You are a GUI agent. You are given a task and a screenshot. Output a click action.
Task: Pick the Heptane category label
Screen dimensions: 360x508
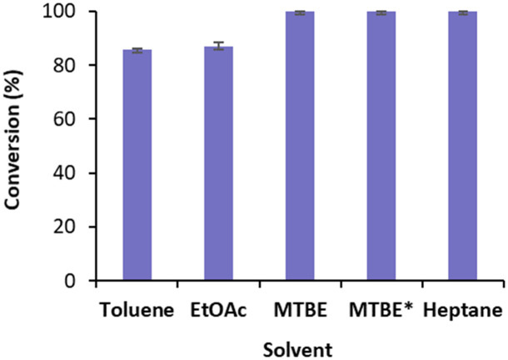tap(463, 311)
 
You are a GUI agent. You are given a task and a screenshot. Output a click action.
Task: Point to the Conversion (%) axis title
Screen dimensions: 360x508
tap(16, 146)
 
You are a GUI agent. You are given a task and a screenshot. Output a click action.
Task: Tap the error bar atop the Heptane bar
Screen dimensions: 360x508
tap(463, 12)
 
